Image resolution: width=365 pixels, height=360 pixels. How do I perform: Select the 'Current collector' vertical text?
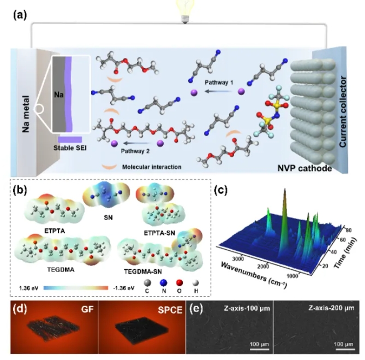click(x=344, y=109)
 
